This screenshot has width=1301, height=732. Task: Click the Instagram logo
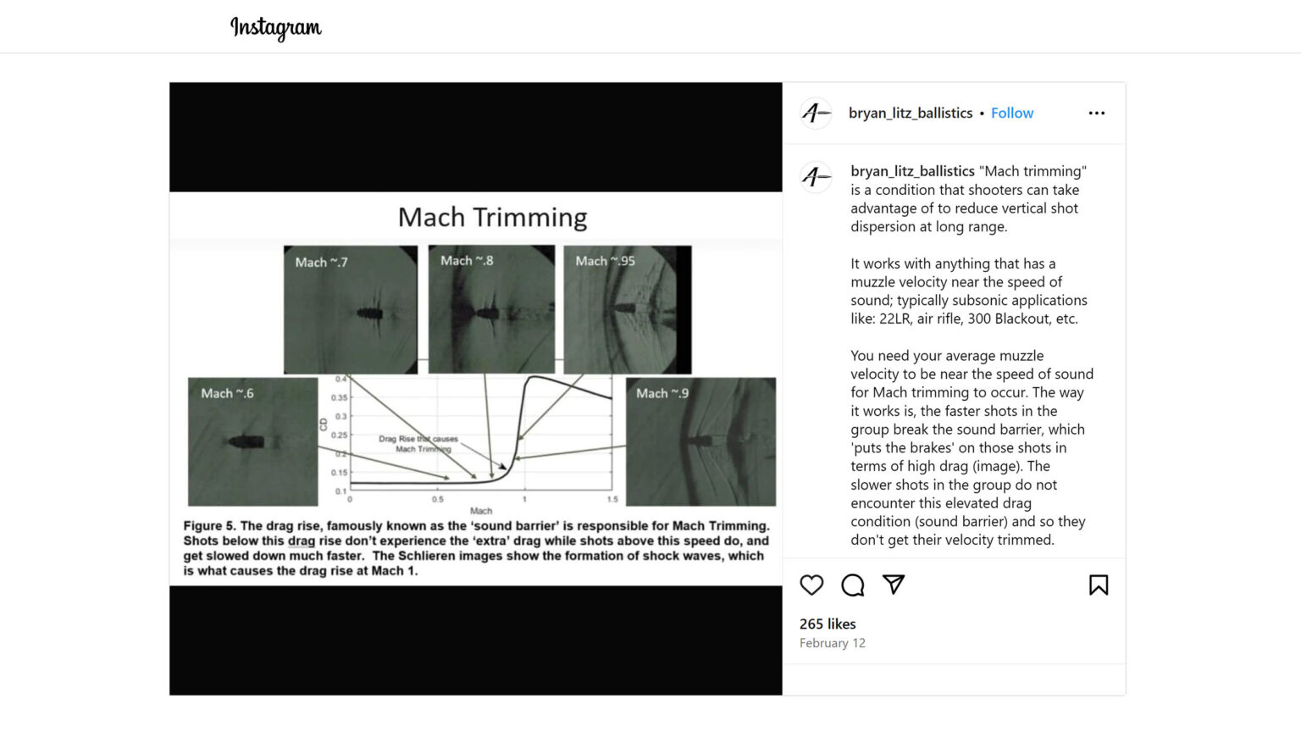click(276, 27)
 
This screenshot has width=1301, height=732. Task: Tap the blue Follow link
click(1011, 113)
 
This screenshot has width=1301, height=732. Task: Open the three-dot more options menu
click(1096, 113)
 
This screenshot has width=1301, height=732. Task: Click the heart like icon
click(811, 585)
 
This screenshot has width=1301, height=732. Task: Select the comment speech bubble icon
click(852, 585)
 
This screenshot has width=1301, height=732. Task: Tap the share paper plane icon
click(894, 584)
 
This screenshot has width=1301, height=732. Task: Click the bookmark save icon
click(1098, 585)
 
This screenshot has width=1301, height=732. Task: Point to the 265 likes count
click(828, 624)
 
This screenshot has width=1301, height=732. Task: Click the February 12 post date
click(832, 643)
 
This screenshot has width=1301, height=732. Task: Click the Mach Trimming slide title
click(492, 217)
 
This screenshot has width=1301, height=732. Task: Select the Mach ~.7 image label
click(321, 263)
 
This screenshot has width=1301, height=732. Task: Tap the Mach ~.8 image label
click(466, 261)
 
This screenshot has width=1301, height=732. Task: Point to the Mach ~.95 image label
click(605, 261)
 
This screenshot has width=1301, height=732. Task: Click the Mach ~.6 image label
click(227, 393)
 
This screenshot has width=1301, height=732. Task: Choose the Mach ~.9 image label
click(662, 393)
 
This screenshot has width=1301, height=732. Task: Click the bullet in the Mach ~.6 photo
click(246, 441)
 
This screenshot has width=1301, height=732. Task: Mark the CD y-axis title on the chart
click(324, 424)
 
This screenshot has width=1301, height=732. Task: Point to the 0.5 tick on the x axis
click(437, 499)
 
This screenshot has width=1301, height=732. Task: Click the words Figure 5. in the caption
click(209, 525)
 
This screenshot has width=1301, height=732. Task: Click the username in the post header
click(911, 113)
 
